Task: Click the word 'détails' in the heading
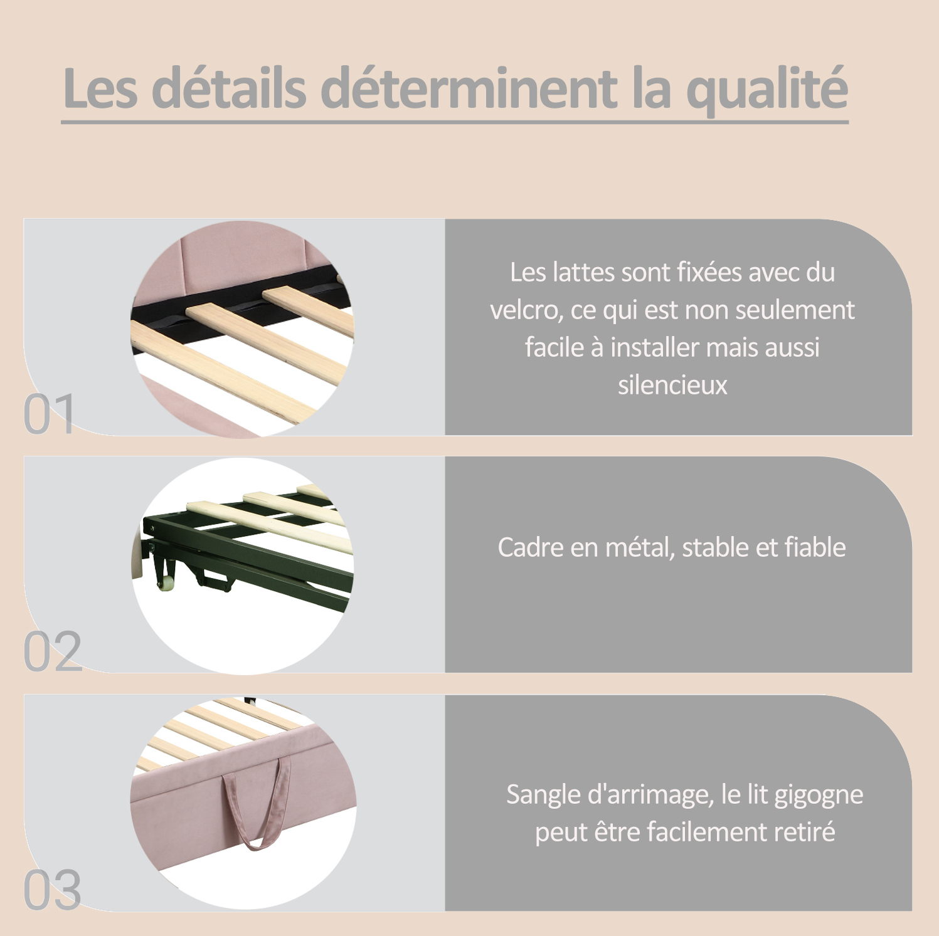tap(229, 87)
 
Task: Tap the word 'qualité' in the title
tap(768, 90)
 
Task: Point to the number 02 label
tap(53, 651)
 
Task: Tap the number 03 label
tap(53, 890)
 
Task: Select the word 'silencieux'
tap(672, 385)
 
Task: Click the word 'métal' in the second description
tap(640, 547)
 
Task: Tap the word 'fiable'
tap(815, 547)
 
